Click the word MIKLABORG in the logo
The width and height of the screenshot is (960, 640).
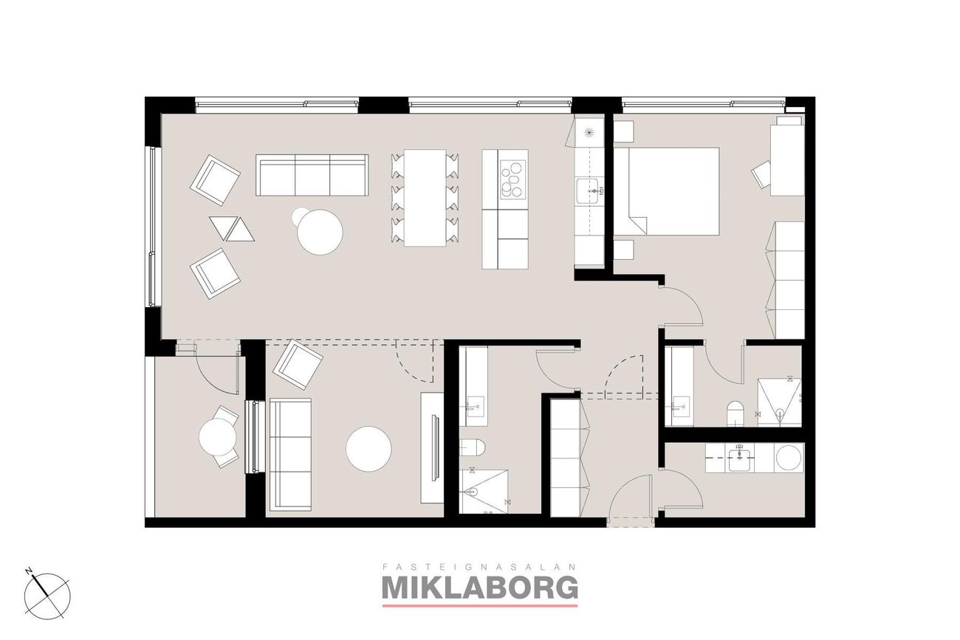click(x=479, y=588)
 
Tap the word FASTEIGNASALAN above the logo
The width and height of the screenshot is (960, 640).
click(x=479, y=567)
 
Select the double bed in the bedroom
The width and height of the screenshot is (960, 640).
click(x=666, y=191)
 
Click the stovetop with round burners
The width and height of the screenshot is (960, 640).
click(x=513, y=179)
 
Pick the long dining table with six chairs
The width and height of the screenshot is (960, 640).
click(x=425, y=198)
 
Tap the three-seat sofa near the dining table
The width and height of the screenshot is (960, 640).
click(x=312, y=175)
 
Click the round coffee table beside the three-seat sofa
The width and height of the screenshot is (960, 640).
click(x=320, y=232)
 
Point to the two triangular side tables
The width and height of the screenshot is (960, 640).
click(x=232, y=228)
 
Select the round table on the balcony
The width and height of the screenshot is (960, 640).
click(x=218, y=437)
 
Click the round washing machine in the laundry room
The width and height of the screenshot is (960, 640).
click(x=789, y=458)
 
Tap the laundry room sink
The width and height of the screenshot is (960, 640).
click(x=740, y=458)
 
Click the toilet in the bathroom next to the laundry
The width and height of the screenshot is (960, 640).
click(x=735, y=413)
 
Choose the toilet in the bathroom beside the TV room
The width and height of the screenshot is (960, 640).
click(x=473, y=447)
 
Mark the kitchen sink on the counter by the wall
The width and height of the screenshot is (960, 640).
click(x=590, y=190)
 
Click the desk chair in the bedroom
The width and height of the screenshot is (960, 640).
click(x=761, y=174)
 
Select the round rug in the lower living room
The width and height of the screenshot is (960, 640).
click(x=368, y=449)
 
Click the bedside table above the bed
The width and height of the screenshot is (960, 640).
click(x=623, y=131)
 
